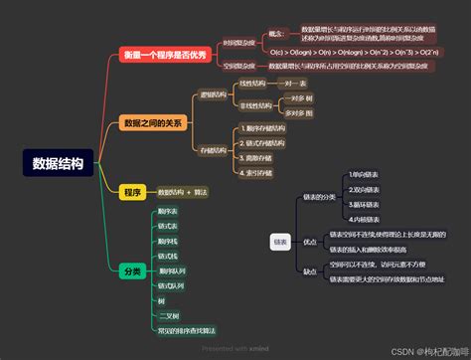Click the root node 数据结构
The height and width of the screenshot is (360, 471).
pyautogui.click(x=58, y=163)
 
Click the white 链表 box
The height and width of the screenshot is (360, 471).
pyautogui.click(x=280, y=241)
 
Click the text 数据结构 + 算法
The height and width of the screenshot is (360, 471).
pyautogui.click(x=183, y=191)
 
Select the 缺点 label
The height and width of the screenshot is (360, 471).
pyautogui.click(x=310, y=271)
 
